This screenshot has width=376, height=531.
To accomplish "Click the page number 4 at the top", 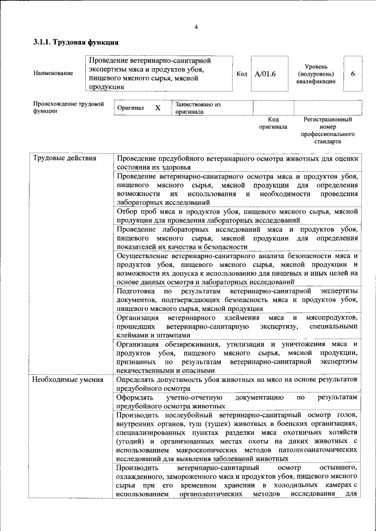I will coord(196,28).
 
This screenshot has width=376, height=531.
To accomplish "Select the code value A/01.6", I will coord(265,73).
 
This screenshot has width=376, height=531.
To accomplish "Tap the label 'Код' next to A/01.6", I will coord(241,73).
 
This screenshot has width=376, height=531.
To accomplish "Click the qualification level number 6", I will coord(352,73).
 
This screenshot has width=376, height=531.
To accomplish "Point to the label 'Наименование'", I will coord(53,73).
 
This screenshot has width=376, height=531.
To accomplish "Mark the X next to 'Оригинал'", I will coord(157,109).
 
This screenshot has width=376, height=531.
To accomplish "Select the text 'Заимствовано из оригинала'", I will coord(197,108).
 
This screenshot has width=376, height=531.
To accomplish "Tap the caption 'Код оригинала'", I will coord(273,123).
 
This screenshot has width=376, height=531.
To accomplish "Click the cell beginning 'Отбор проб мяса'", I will coord(237,215).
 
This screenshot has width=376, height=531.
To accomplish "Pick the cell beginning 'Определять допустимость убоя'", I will coord(237,384).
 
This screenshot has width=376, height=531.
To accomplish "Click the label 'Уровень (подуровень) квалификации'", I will coord(316,74).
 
